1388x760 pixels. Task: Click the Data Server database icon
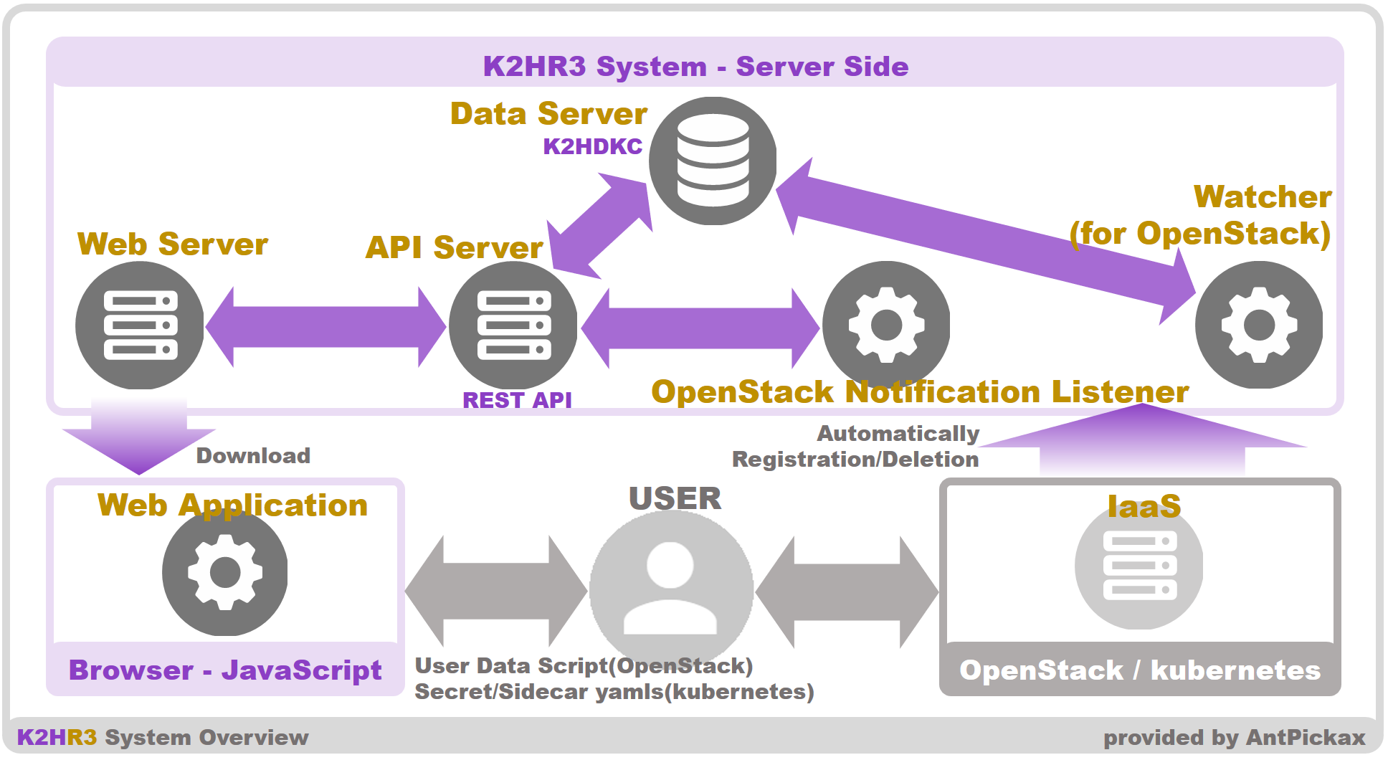713,161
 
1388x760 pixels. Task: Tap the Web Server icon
140,326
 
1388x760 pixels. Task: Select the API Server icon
513,326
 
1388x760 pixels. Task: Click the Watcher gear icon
1259,325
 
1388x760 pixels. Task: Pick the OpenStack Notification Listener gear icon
886,325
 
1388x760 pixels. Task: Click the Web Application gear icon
224,573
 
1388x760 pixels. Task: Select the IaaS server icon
1139,566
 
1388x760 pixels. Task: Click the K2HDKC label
592,146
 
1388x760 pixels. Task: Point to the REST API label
517,400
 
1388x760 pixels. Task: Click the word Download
253,456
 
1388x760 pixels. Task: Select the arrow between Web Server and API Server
326,327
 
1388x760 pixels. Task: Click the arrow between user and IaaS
847,592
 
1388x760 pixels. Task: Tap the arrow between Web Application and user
496,592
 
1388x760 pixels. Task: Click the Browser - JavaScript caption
225,670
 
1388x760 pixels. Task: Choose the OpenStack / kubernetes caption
1140,670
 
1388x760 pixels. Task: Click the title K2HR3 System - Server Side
695,67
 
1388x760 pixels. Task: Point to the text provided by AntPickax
1234,738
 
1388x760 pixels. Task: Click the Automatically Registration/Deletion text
855,447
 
